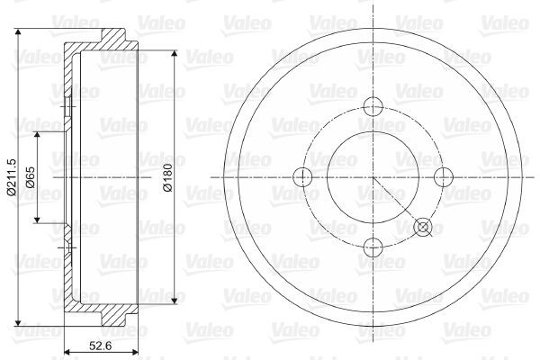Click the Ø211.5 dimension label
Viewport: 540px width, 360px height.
[12, 177]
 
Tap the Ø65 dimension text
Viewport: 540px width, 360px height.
[31, 177]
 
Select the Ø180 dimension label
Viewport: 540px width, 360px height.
[167, 177]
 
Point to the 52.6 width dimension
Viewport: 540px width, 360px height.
[100, 346]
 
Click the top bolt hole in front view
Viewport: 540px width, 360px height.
[373, 106]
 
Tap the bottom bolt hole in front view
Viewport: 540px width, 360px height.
[373, 247]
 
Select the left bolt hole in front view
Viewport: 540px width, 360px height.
[302, 177]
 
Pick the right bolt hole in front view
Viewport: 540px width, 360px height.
[444, 177]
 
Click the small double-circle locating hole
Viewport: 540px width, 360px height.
[423, 227]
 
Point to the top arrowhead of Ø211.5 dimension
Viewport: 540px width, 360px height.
[18, 32]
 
